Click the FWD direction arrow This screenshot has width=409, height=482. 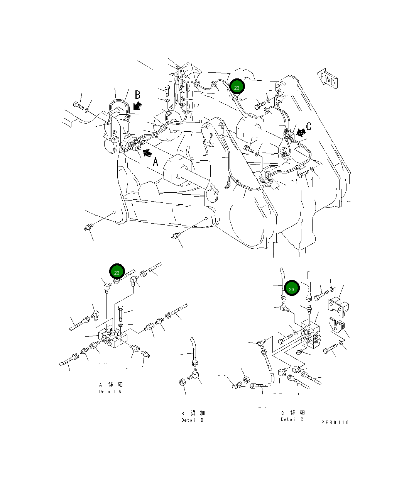[327, 78]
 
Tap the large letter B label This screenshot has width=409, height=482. [137, 95]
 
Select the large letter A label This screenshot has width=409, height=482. [155, 161]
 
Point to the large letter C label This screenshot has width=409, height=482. [309, 126]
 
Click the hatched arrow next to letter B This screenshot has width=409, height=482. [137, 105]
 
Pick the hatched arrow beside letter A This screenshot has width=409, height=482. [147, 153]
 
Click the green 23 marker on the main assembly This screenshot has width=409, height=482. [237, 87]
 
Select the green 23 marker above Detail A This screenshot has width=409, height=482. [117, 272]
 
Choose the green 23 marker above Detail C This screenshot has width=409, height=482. [291, 289]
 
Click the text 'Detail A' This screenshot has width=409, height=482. [110, 392]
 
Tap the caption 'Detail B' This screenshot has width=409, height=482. [192, 420]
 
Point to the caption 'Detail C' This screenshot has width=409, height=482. [292, 419]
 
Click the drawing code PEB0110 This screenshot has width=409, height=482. [335, 423]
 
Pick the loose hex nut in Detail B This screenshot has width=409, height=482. [183, 382]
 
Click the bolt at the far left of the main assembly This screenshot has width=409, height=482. [78, 105]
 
